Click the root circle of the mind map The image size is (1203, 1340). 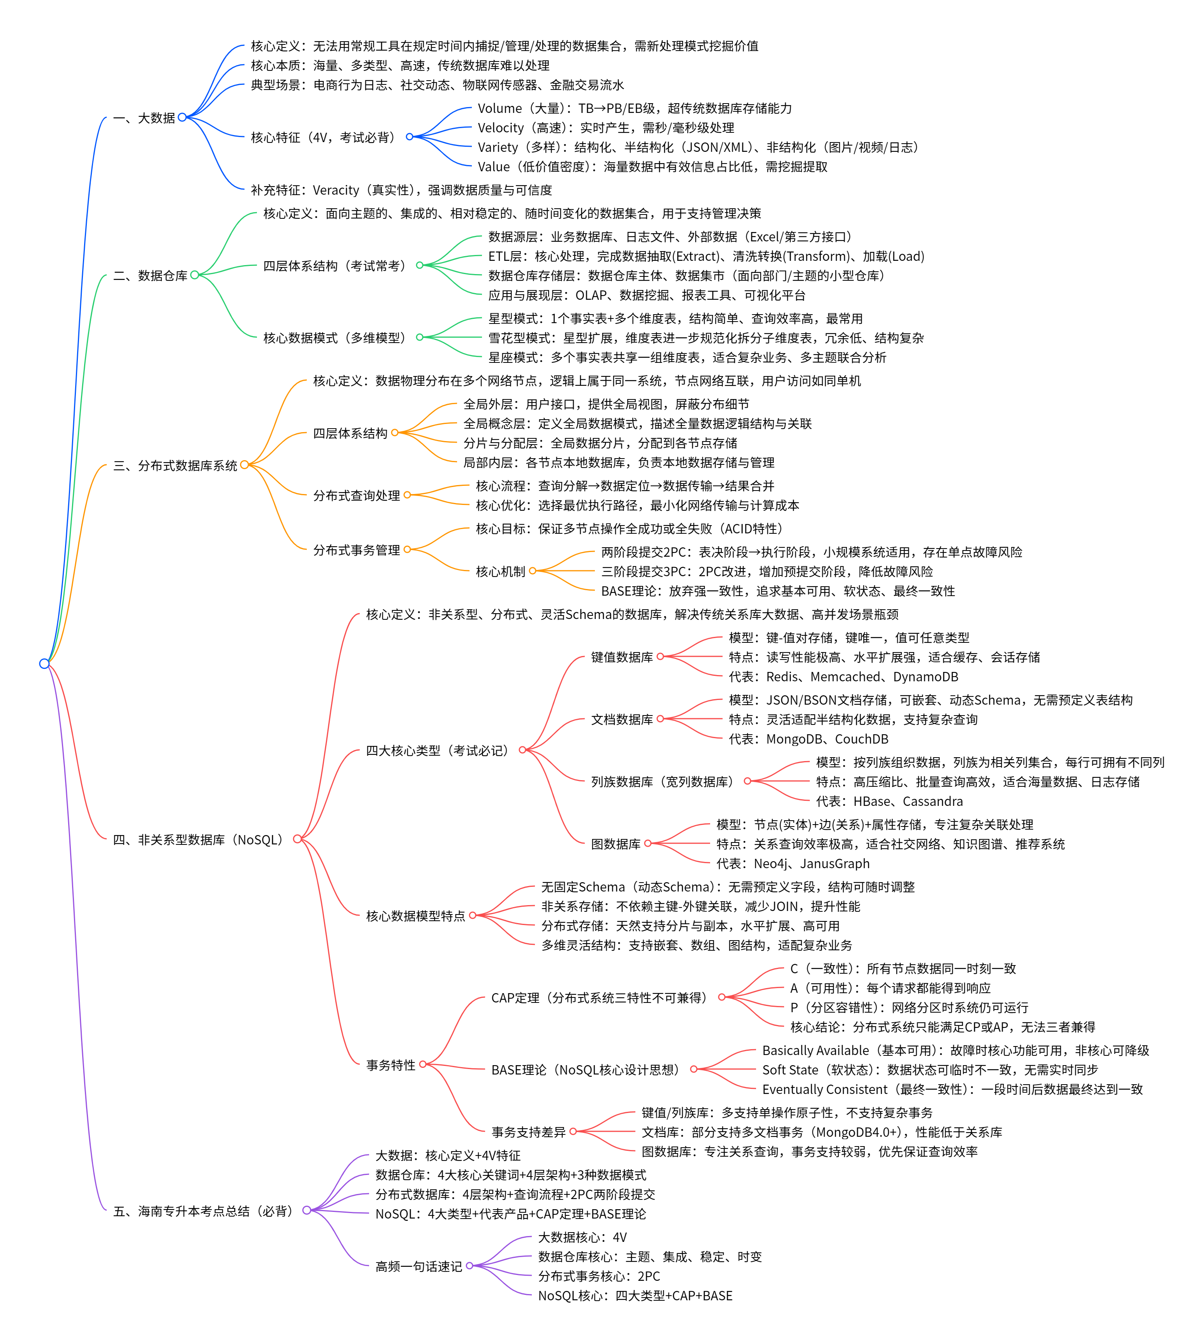[44, 663]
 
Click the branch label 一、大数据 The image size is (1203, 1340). [144, 118]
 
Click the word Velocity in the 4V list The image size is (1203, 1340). [500, 128]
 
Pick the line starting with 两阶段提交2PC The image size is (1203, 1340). [811, 552]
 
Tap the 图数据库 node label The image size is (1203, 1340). [616, 844]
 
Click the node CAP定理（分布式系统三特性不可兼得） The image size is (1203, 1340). [600, 997]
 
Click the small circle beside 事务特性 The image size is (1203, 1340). [423, 1064]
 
